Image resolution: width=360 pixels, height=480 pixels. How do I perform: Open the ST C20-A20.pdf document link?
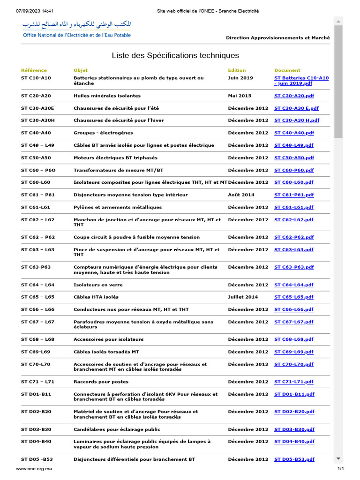(x=293, y=96)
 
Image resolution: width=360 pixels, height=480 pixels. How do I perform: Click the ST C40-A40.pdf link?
(x=294, y=133)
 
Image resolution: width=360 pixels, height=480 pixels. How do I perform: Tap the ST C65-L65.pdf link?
(x=293, y=297)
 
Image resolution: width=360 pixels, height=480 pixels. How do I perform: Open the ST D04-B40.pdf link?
(x=294, y=442)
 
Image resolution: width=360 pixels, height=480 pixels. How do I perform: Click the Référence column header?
(x=34, y=70)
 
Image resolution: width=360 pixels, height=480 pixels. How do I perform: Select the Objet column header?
(x=81, y=70)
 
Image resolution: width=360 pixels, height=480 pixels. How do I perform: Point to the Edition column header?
(x=237, y=70)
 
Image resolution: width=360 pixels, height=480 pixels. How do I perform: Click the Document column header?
(x=287, y=70)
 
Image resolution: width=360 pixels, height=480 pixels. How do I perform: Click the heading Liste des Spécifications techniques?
(x=175, y=55)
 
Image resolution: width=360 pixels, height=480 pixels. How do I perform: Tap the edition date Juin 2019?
(x=240, y=78)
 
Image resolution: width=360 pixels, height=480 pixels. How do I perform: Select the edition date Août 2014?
(x=241, y=195)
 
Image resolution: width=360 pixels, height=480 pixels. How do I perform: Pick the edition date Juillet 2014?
(x=243, y=297)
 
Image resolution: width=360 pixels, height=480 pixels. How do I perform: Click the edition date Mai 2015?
(x=240, y=96)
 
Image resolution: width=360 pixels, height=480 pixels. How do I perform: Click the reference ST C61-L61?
(x=36, y=207)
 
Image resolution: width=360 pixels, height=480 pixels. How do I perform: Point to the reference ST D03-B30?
(x=36, y=429)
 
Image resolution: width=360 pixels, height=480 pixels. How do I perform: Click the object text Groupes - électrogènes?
(x=103, y=133)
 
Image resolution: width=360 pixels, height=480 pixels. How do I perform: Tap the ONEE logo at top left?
(x=77, y=29)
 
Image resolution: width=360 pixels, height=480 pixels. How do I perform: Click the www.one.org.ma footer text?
(x=34, y=469)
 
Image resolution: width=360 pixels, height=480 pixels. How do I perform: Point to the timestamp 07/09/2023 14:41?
(x=35, y=11)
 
